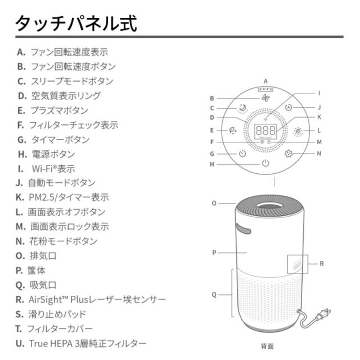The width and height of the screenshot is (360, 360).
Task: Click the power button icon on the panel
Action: point(265,164)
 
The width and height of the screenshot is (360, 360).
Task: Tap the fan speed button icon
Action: point(265,97)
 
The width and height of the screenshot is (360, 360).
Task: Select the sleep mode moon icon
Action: point(242,108)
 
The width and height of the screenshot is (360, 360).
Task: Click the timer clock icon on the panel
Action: point(242,153)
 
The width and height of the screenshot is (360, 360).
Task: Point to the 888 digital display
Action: point(265,130)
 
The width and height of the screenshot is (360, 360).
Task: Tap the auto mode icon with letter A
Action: point(289,108)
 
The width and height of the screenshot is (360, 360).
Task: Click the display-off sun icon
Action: point(298,130)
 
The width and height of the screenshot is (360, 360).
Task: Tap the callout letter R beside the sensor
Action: point(322,263)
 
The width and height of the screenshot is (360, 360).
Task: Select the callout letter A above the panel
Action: point(265,81)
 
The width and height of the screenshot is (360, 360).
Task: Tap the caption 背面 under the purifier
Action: point(267,346)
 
